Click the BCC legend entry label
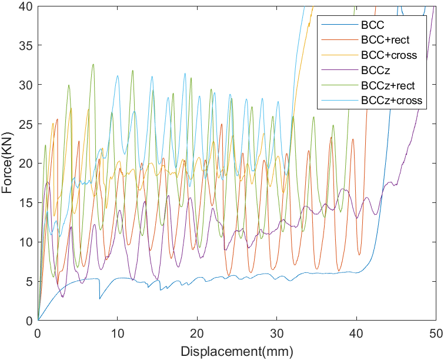[373, 25]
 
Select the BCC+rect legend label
[385, 40]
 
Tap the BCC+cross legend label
[389, 55]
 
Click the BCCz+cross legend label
[392, 101]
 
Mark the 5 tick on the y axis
[30, 281]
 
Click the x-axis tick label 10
[118, 332]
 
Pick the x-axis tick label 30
[276, 332]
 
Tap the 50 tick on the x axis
[435, 332]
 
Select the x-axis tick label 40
[356, 332]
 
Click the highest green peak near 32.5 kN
[93, 65]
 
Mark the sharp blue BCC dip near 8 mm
[99, 298]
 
